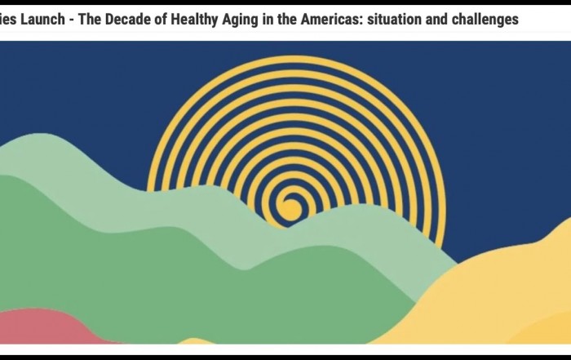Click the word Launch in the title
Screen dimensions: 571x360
point(42,20)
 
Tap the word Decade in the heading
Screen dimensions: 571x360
point(129,20)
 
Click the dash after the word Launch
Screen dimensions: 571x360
point(72,20)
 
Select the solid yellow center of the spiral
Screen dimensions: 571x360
point(290,209)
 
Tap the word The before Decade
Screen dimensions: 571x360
point(90,20)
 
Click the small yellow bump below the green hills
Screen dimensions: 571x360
point(196,341)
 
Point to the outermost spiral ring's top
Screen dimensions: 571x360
point(295,58)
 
